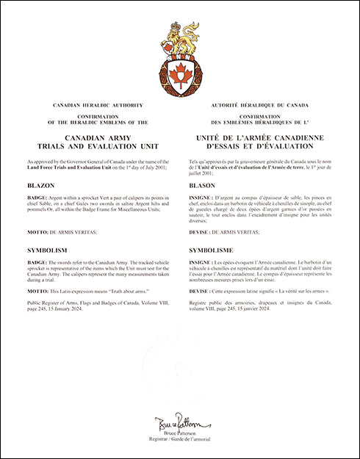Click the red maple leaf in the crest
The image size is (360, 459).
pyautogui.click(x=179, y=76)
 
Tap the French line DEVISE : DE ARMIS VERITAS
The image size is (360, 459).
pyautogui.click(x=227, y=232)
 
